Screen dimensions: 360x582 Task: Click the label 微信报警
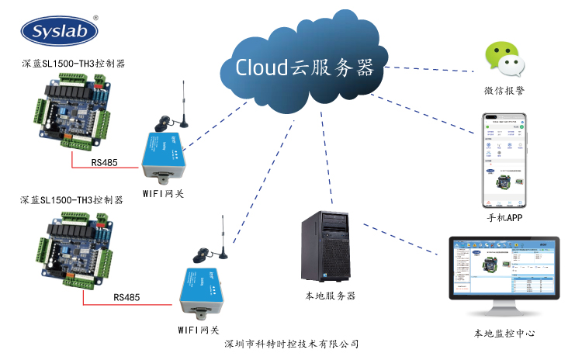pyautogui.click(x=504, y=91)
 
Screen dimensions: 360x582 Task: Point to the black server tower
pyautogui.click(x=329, y=246)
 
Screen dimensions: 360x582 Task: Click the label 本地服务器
pyautogui.click(x=330, y=296)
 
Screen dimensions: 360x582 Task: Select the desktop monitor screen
pyautogui.click(x=504, y=273)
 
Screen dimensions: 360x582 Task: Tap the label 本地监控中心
pyautogui.click(x=505, y=334)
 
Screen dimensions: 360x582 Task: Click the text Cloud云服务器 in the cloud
pyautogui.click(x=305, y=67)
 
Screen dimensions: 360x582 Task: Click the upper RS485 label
pyautogui.click(x=105, y=163)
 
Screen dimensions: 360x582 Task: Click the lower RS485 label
pyautogui.click(x=126, y=297)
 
